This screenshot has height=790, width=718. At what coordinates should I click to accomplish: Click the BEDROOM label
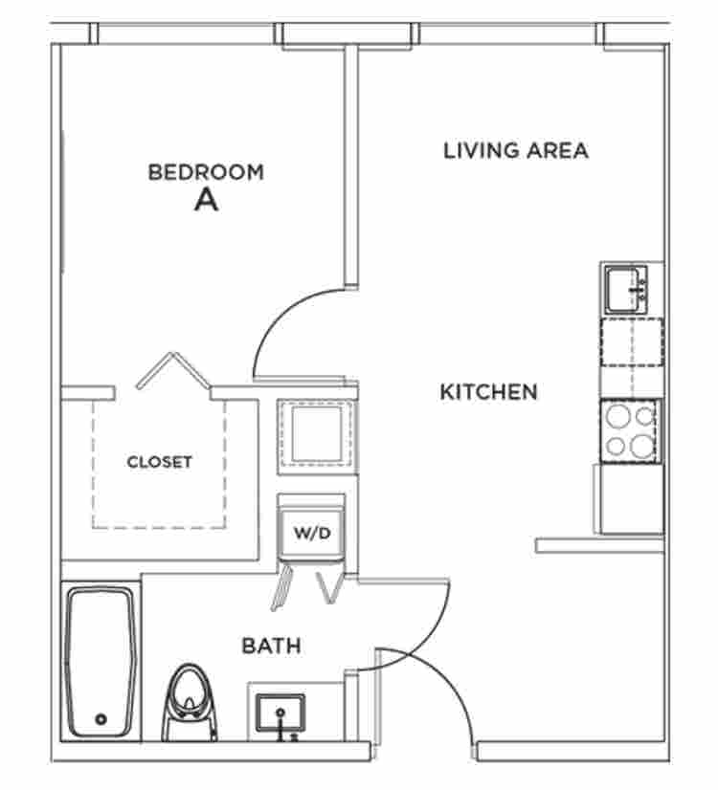pos(206,172)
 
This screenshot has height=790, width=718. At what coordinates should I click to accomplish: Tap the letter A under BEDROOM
pos(206,200)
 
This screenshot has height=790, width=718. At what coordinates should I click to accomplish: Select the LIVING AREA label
pos(516,151)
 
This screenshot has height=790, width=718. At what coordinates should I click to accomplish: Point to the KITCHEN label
pos(488,392)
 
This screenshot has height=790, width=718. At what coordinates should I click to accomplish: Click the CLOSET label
pos(159,462)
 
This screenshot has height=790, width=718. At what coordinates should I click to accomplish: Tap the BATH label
pos(271,646)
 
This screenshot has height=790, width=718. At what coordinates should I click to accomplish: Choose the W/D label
pos(312,533)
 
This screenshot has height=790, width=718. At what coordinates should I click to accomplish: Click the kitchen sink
pos(626,290)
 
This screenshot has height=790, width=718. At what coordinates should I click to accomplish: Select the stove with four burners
pos(630,431)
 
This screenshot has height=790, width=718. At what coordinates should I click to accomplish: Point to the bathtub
pos(101,662)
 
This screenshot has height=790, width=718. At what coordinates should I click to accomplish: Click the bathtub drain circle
pos(101,719)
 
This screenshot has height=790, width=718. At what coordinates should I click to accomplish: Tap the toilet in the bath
pos(190,702)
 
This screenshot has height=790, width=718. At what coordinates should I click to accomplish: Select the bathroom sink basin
pos(280,713)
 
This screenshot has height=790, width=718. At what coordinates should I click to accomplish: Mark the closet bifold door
pos(173,370)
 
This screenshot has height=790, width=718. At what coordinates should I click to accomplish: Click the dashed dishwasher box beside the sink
pos(631,342)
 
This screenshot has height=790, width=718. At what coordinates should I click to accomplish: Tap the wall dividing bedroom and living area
pos(351,166)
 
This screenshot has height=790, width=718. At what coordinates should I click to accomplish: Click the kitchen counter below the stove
pos(631,499)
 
